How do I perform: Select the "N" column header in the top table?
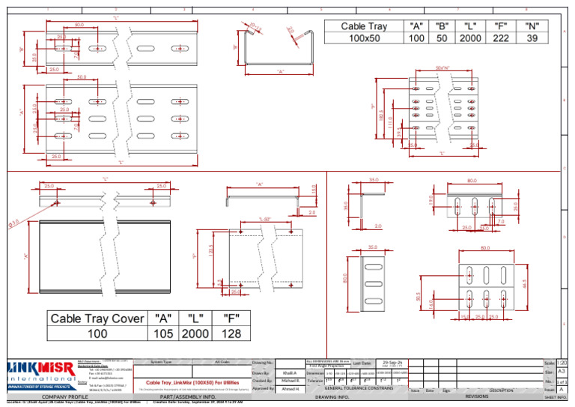(x=532, y=25)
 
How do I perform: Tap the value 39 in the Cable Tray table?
(x=532, y=38)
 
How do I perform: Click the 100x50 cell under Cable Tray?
(x=364, y=38)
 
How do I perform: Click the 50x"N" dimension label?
(x=442, y=68)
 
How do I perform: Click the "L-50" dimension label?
(x=264, y=219)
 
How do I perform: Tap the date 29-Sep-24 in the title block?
(x=394, y=361)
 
